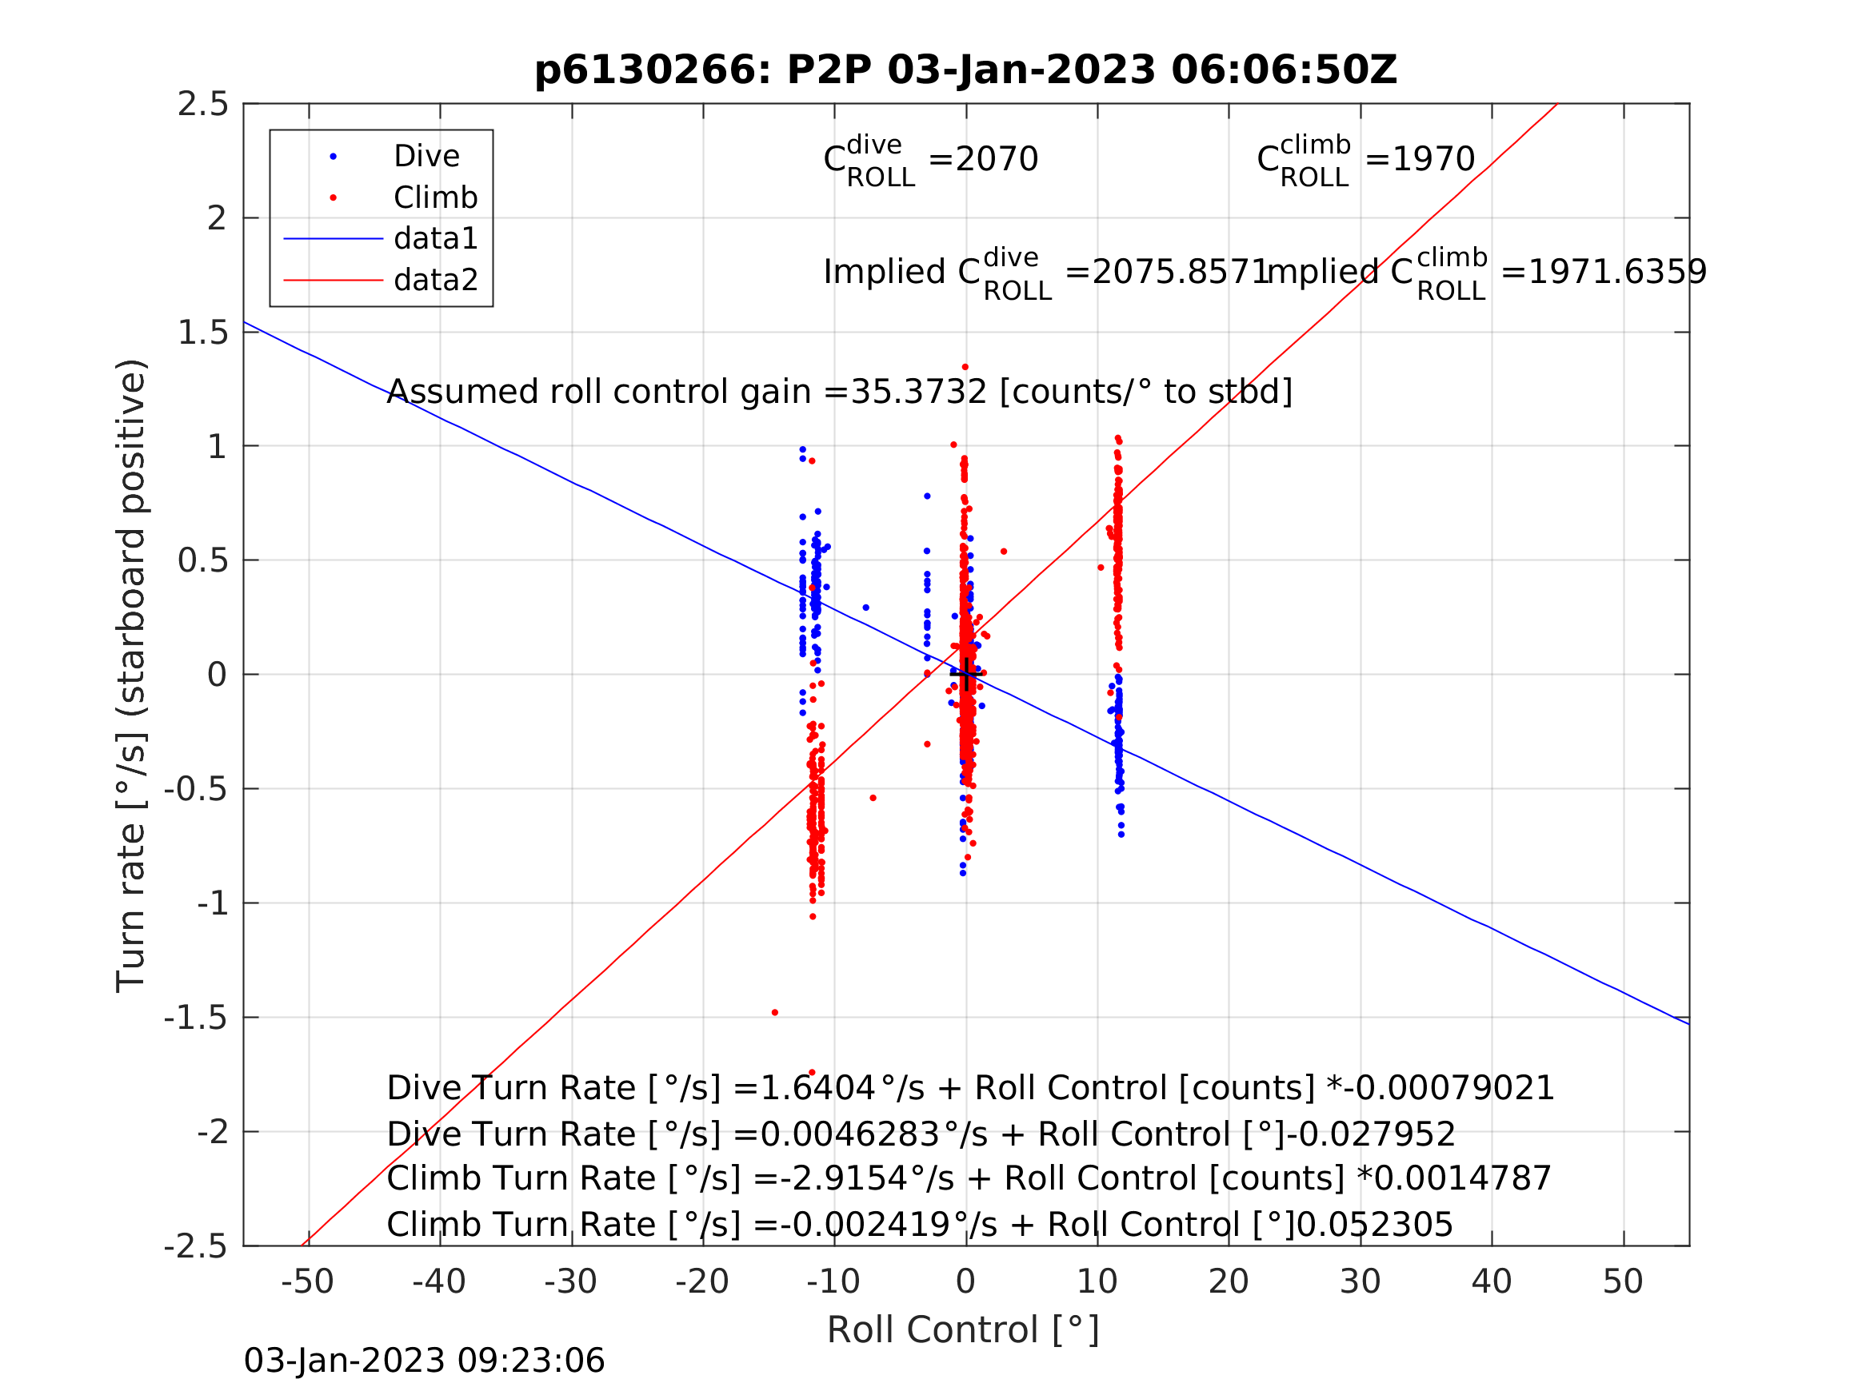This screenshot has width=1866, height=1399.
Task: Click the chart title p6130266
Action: point(965,70)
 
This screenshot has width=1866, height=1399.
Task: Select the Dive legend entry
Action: point(426,157)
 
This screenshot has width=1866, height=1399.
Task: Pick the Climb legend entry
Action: point(435,198)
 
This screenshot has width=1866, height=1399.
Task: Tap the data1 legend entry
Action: point(435,240)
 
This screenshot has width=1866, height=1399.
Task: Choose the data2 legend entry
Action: point(435,280)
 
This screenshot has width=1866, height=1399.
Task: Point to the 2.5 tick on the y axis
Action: point(202,105)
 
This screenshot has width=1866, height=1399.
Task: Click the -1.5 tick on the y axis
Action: point(196,1018)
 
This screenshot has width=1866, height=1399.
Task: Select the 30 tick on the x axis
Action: point(1360,1282)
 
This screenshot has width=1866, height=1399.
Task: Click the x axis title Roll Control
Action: point(962,1331)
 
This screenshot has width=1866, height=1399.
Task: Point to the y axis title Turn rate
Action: point(132,675)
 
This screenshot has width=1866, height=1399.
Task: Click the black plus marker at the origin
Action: point(966,674)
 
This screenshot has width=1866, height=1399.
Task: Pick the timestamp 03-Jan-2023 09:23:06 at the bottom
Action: point(425,1361)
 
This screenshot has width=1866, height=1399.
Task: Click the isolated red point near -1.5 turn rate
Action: point(774,1013)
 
